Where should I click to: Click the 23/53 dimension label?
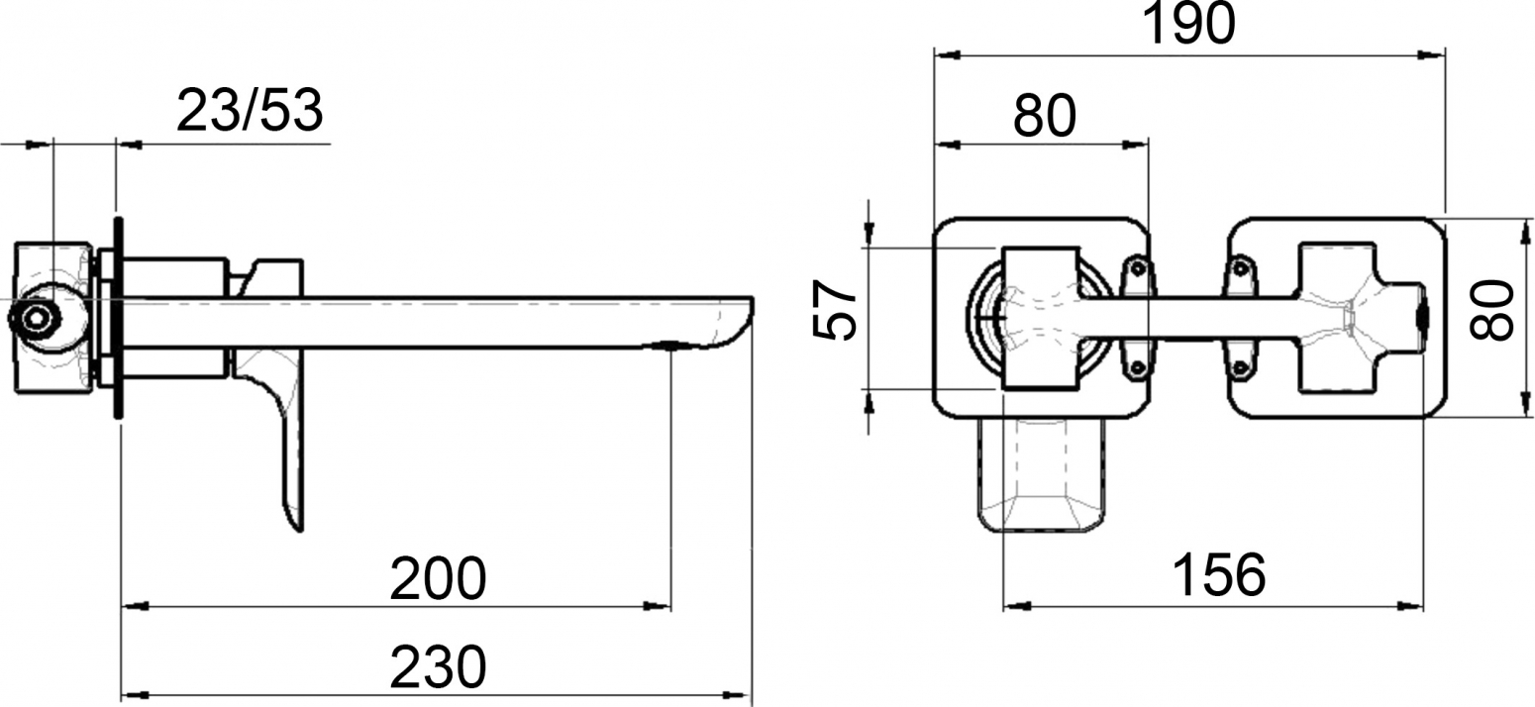click(x=250, y=111)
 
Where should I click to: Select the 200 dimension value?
click(x=438, y=579)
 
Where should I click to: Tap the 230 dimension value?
click(x=438, y=666)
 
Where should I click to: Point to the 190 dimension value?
click(x=1189, y=24)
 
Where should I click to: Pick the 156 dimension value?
click(x=1219, y=575)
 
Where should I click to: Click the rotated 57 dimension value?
click(x=834, y=309)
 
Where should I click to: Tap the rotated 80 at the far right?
click(x=1492, y=309)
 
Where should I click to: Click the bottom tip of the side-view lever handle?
click(x=299, y=531)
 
